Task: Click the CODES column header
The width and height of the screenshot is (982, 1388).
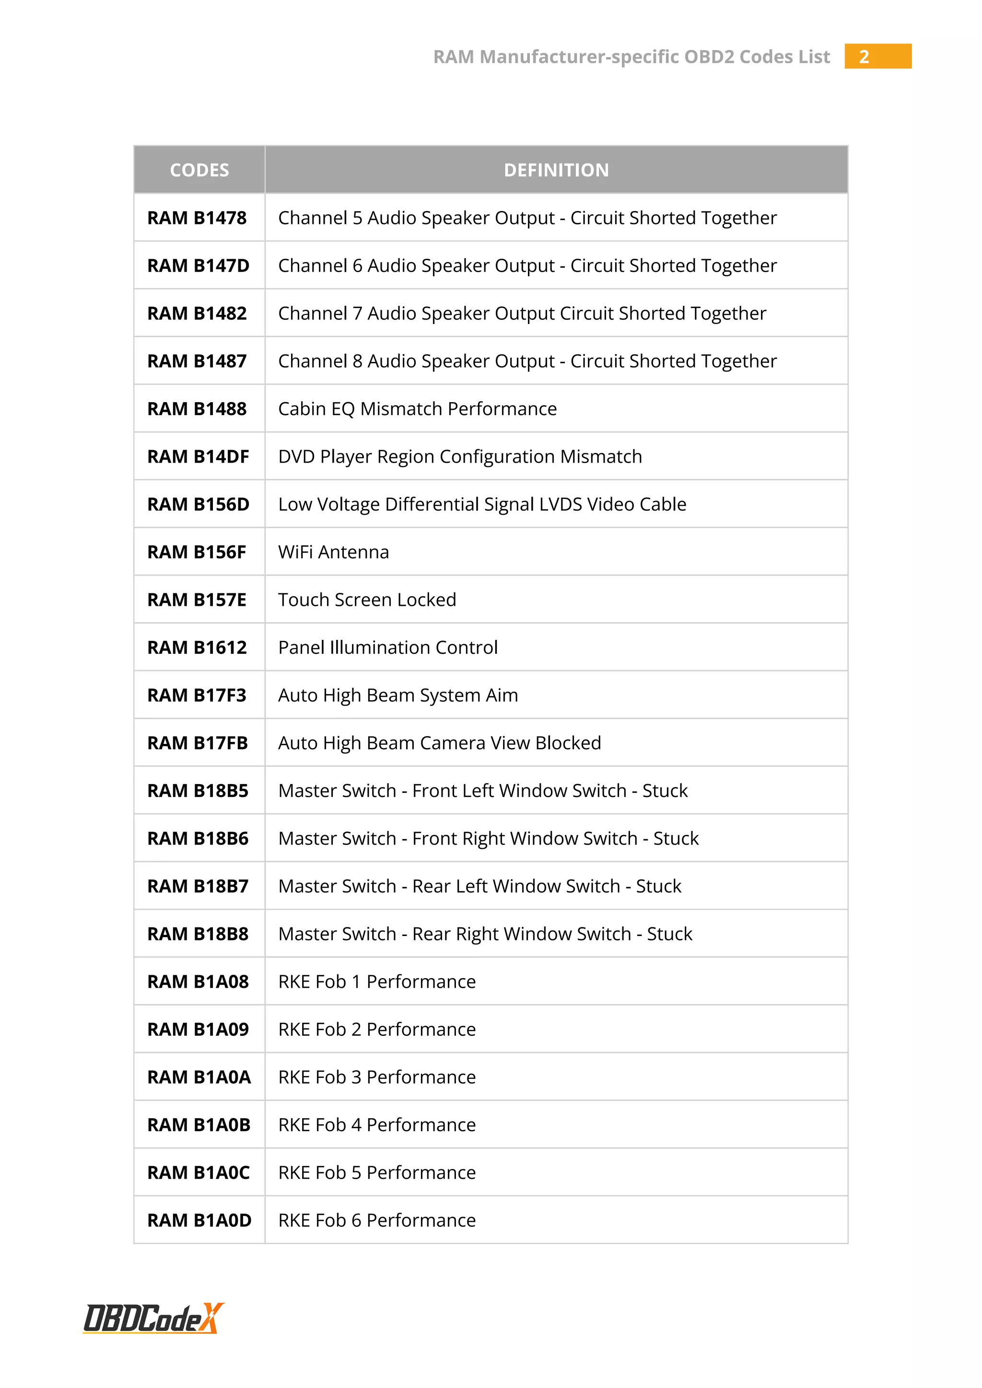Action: (199, 170)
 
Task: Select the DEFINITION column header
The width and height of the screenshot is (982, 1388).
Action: (556, 170)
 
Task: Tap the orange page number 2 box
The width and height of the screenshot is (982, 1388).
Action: (877, 56)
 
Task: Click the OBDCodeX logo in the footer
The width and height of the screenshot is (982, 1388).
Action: (153, 1319)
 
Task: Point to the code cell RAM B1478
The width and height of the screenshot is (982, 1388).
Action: (197, 218)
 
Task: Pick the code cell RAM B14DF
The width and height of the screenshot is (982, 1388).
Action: (199, 456)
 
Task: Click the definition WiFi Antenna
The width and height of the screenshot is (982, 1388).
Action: (334, 552)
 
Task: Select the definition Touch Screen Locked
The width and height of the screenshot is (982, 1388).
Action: (367, 600)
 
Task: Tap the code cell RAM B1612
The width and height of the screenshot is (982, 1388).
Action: (197, 648)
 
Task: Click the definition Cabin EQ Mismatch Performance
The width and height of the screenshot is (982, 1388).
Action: (417, 409)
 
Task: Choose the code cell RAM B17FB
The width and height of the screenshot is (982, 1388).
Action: (198, 743)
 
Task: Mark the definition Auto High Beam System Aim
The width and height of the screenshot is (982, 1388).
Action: (398, 695)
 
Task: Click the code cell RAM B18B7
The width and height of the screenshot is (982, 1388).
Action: (198, 886)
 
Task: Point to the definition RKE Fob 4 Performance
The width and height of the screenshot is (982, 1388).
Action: (377, 1124)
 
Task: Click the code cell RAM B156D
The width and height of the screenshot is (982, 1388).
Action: (199, 504)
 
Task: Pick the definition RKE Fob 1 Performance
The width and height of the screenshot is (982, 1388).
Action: (377, 982)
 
